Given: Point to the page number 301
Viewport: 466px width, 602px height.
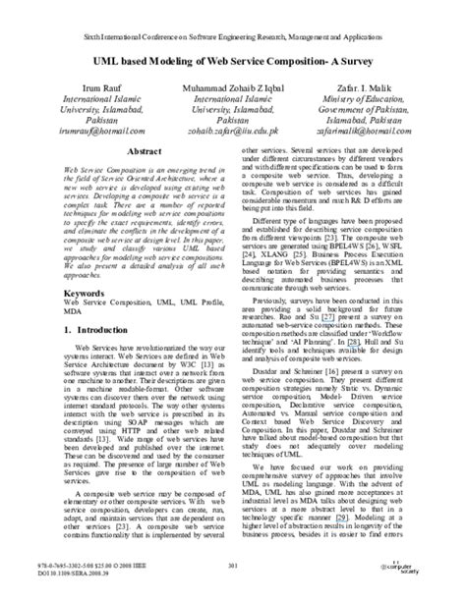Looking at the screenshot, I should (x=233, y=564).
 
